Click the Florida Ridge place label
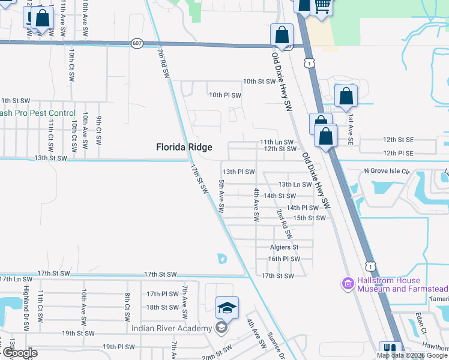click(x=184, y=146)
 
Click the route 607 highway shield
click(x=137, y=43)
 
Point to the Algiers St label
click(x=283, y=247)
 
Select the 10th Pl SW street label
click(x=224, y=95)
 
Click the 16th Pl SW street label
click(x=283, y=259)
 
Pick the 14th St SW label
click(x=280, y=196)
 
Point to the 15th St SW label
click(x=309, y=218)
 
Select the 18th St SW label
click(x=162, y=307)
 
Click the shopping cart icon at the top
click(x=322, y=6)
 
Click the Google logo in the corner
click(x=19, y=353)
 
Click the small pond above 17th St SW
click(x=222, y=259)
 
